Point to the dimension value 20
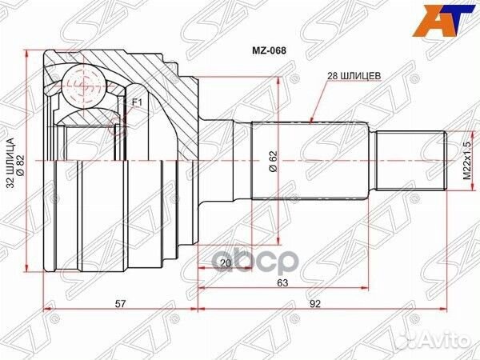pos(225,263)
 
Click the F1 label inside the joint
pos(135,102)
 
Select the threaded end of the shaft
pos(412,160)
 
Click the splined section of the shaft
pos(312,160)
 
